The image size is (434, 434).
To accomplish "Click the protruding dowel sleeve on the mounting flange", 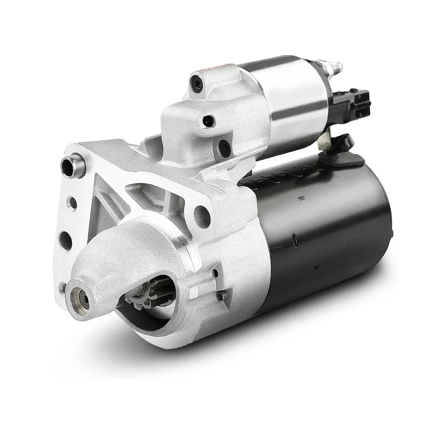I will (x=73, y=165).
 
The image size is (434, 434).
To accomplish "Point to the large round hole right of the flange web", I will (x=202, y=217).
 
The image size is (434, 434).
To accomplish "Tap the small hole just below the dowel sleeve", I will (x=72, y=203).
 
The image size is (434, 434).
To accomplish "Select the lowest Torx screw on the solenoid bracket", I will (x=224, y=147).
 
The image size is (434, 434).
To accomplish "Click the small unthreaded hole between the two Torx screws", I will (x=208, y=121).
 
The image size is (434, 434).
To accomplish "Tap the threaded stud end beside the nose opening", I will (x=222, y=296).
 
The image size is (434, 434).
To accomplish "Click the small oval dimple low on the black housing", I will (x=317, y=267).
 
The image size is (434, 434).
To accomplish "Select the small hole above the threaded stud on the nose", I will (x=215, y=273).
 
